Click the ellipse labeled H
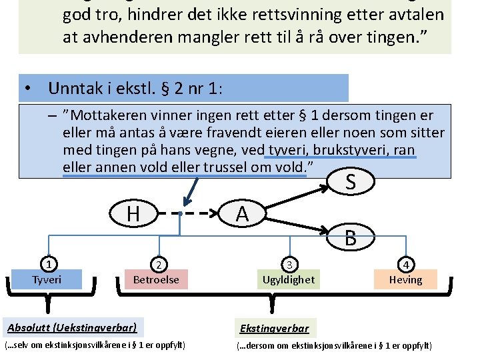coord(133,214)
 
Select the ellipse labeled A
coord(242,214)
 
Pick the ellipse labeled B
coord(351,235)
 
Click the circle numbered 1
coord(47,264)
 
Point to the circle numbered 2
coord(157,264)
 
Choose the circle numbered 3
coord(289,264)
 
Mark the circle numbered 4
coord(405,264)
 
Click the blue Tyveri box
coord(47,279)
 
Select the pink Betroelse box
coord(157,279)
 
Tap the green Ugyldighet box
coord(289,279)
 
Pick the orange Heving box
coord(405,279)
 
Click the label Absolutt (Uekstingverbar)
coord(72,327)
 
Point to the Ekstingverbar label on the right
coord(275,329)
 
